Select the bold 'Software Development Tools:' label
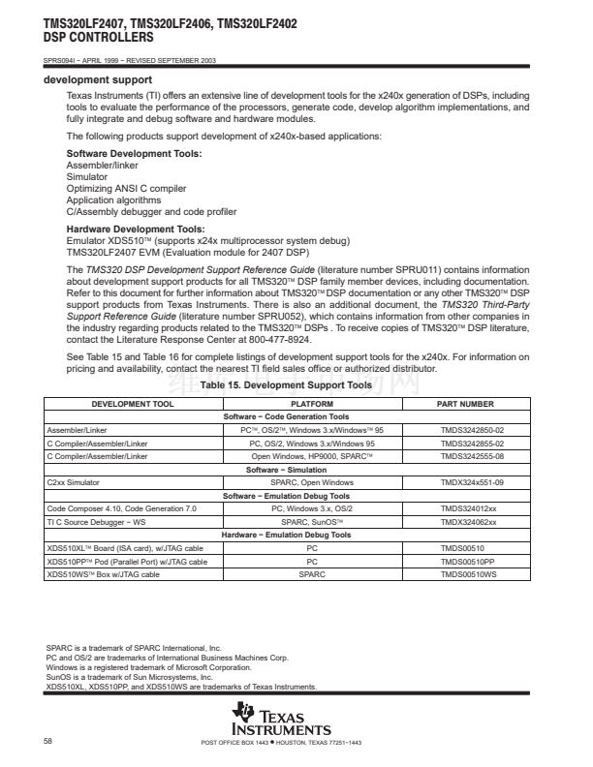point(134,154)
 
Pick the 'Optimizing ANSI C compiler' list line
point(126,188)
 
